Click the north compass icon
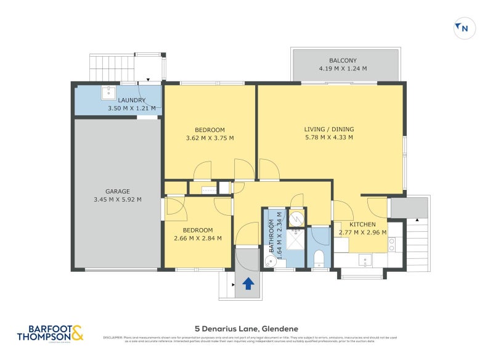(x=463, y=27)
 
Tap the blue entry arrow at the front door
(x=248, y=284)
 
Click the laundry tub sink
(x=108, y=92)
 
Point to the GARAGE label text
(x=117, y=191)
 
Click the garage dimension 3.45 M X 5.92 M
(x=117, y=199)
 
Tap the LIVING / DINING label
(x=329, y=129)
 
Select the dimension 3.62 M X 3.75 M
(x=210, y=138)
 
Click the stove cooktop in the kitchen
(x=392, y=245)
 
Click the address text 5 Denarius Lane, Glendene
(x=246, y=329)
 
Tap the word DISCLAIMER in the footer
(x=113, y=337)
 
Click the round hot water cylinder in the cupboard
(x=297, y=217)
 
